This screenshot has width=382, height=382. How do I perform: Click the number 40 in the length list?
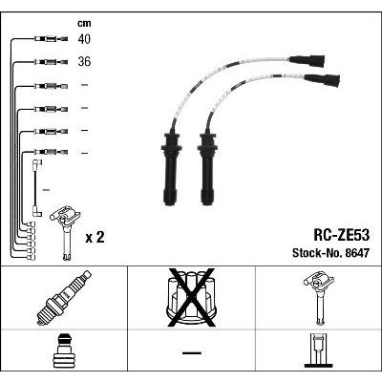[84, 39]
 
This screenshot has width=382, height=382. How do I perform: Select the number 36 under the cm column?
[84, 61]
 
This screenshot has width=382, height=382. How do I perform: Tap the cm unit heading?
[84, 23]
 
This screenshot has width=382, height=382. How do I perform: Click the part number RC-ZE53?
[342, 235]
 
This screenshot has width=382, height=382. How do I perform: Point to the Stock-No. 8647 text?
[330, 253]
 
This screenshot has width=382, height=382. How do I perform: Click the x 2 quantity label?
[95, 237]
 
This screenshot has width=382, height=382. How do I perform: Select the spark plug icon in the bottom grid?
[64, 298]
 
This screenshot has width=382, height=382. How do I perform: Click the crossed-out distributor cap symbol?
[191, 297]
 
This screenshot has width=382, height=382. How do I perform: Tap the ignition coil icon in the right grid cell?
[319, 298]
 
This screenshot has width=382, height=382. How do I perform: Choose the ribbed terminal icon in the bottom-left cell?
[63, 350]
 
